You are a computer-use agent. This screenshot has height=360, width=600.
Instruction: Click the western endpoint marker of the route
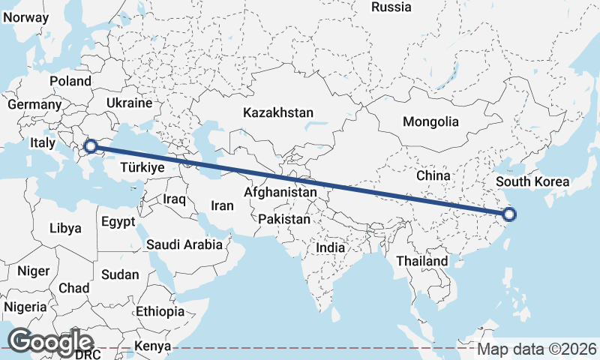pyautogui.click(x=91, y=146)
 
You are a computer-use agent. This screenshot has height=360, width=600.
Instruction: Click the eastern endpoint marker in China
pyautogui.click(x=509, y=214)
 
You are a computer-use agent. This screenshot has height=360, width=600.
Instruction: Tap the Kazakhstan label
pyautogui.click(x=277, y=112)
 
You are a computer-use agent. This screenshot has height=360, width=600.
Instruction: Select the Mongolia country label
pyautogui.click(x=430, y=121)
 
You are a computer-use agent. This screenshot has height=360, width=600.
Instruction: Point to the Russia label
pyautogui.click(x=391, y=7)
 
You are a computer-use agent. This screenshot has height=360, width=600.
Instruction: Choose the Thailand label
pyautogui.click(x=422, y=261)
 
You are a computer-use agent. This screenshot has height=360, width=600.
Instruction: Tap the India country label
pyautogui.click(x=330, y=247)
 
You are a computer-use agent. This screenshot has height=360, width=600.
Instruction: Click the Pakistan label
pyautogui.click(x=283, y=220)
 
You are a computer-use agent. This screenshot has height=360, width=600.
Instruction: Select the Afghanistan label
pyautogui.click(x=280, y=193)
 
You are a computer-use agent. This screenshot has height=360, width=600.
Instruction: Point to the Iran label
pyautogui.click(x=223, y=205)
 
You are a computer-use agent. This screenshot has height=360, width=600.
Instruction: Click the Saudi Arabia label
pyautogui.click(x=184, y=244)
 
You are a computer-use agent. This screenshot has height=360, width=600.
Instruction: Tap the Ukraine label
pyautogui.click(x=129, y=103)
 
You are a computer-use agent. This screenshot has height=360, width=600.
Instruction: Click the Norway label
pyautogui.click(x=25, y=16)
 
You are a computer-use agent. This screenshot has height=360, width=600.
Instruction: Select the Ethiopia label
pyautogui.click(x=160, y=311)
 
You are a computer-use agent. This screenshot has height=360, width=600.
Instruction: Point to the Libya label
pyautogui.click(x=65, y=228)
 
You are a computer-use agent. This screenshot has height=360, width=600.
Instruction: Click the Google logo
pyautogui.click(x=50, y=341)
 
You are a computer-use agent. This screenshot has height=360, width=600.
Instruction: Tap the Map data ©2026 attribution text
pyautogui.click(x=536, y=349)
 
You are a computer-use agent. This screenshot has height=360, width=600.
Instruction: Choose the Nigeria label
pyautogui.click(x=25, y=307)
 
